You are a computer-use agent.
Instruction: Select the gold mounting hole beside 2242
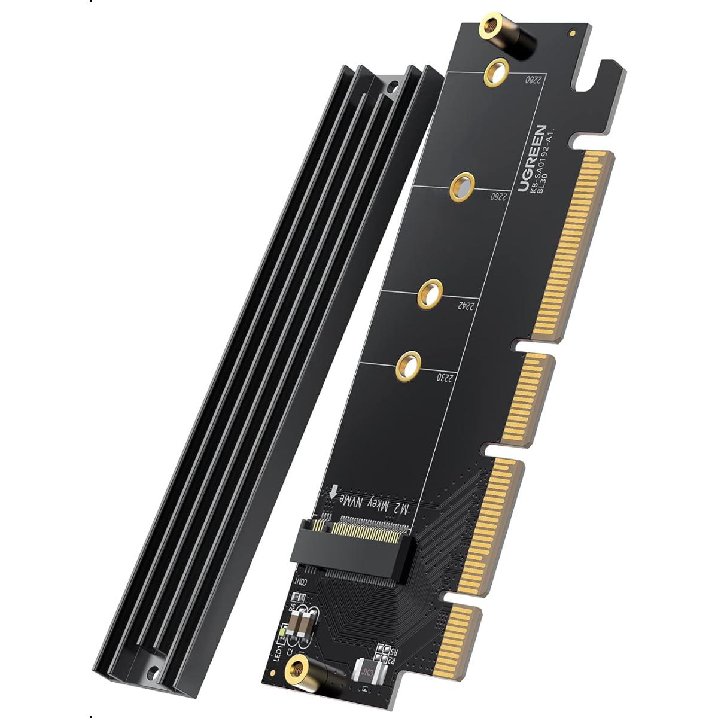pyautogui.click(x=430, y=293)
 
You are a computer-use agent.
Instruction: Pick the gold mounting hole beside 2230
pyautogui.click(x=408, y=363)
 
